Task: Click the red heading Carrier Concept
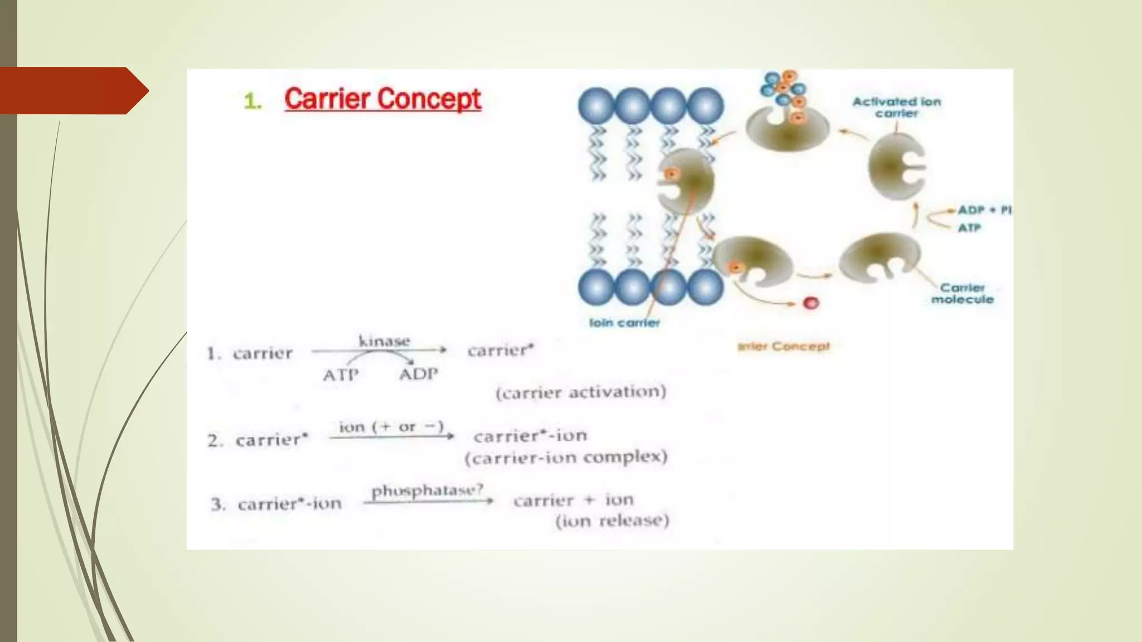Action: coord(383,99)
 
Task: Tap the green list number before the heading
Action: coord(253,101)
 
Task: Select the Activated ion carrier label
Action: coord(896,108)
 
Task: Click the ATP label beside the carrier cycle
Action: coord(969,227)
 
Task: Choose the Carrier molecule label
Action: coord(962,294)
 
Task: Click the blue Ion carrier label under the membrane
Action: coord(625,323)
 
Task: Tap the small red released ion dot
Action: coord(811,303)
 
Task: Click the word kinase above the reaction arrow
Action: coord(384,341)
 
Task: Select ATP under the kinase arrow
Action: coord(340,374)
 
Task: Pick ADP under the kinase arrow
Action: coord(418,373)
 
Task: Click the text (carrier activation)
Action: coord(581,392)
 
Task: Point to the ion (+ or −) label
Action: coord(391,427)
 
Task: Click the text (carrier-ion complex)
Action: coord(566,458)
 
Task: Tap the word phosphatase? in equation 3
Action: coord(427,490)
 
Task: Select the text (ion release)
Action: coord(612,521)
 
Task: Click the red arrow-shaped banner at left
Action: coord(72,91)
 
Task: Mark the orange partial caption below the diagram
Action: coord(783,347)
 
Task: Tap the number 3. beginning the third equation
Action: coord(218,504)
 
